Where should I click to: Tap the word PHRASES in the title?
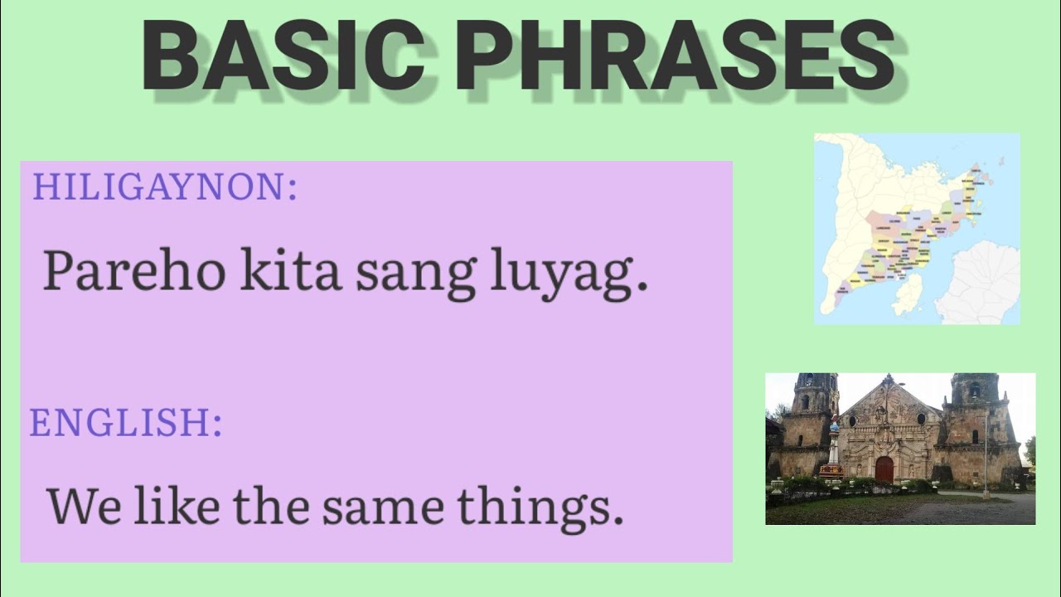pos(675,56)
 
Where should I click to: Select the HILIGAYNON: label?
pos(164,187)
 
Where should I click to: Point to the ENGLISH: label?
pos(126,423)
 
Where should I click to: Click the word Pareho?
pos(133,270)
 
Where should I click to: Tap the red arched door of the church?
pos(884,469)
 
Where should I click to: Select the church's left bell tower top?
pos(816,386)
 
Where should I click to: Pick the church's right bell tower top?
pos(974,386)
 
